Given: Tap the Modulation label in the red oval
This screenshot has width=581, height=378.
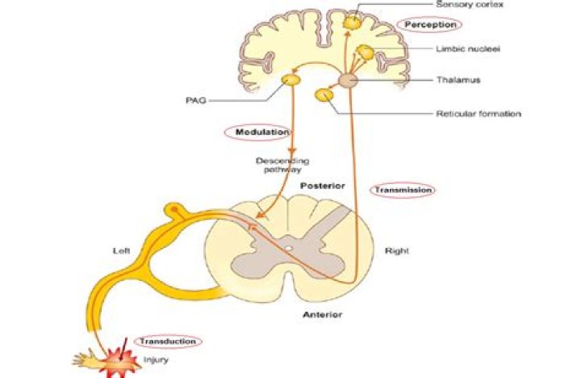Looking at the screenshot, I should (251, 131).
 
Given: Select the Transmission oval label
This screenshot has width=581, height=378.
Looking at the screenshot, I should (403, 190).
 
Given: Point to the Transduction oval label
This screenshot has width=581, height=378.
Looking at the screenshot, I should (167, 342).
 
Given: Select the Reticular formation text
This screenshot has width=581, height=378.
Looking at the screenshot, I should (478, 113).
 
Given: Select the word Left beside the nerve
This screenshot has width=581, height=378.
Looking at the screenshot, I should (121, 251).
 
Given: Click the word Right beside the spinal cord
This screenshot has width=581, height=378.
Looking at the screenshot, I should (397, 251).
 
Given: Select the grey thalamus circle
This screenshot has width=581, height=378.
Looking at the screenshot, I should (348, 81).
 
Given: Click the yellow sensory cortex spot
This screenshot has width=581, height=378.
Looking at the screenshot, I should (352, 23).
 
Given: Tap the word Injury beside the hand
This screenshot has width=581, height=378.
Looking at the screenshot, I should (156, 359).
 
